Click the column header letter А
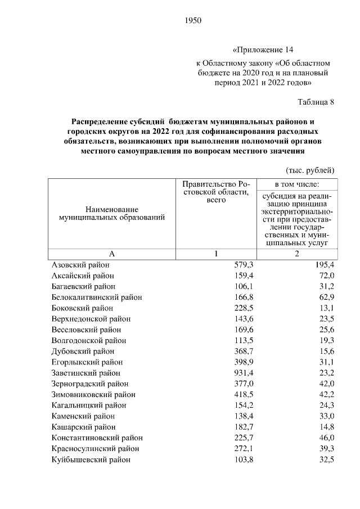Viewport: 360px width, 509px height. click(x=111, y=254)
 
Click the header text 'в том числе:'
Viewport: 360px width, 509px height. click(x=297, y=184)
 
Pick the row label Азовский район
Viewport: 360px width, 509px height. click(x=80, y=265)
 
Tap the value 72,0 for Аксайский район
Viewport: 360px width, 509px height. click(x=326, y=276)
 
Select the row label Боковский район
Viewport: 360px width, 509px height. click(x=82, y=308)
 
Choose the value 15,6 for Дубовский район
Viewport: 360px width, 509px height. click(x=326, y=352)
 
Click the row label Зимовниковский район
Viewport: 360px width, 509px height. click(x=93, y=395)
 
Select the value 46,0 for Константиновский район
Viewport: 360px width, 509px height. click(x=326, y=438)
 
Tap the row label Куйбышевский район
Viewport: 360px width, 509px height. click(x=91, y=460)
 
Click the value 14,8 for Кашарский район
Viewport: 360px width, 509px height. click(x=326, y=427)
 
